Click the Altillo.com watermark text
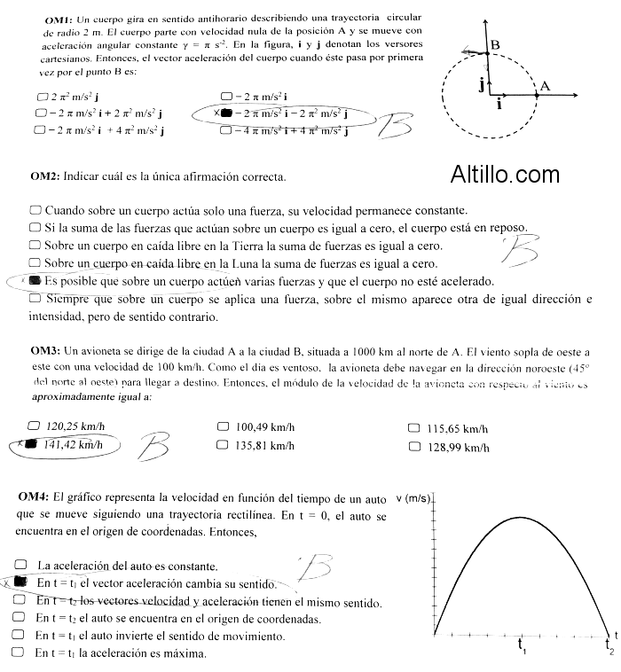tap(505, 176)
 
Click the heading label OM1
tap(57, 18)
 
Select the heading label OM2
tap(44, 176)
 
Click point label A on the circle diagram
tap(545, 85)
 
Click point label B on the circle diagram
tap(495, 44)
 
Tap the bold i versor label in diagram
tap(500, 104)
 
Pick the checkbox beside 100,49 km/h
tap(223, 426)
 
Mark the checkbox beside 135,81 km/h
tap(223, 445)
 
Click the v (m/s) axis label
tap(413, 498)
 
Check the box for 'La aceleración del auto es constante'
tap(20, 565)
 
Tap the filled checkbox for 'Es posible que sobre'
tap(35, 281)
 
